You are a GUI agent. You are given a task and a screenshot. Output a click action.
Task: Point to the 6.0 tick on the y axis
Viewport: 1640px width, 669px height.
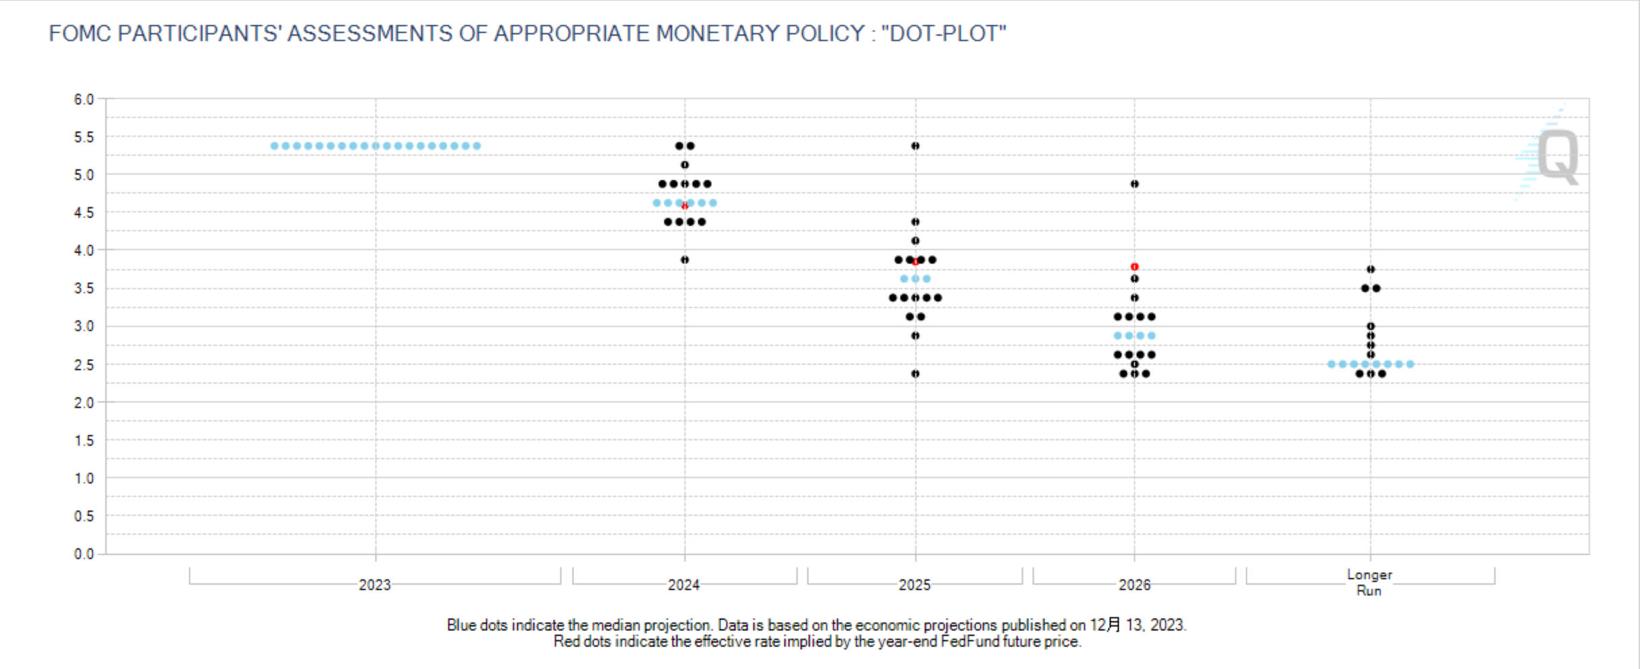click(x=84, y=99)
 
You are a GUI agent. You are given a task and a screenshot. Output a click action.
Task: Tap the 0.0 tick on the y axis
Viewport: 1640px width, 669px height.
click(x=84, y=554)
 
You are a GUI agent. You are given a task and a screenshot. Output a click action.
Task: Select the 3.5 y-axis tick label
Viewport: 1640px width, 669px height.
click(x=84, y=289)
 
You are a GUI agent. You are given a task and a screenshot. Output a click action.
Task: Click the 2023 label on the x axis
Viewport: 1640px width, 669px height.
click(x=375, y=585)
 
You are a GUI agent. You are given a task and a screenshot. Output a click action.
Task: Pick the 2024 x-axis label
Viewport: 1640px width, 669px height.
click(x=684, y=585)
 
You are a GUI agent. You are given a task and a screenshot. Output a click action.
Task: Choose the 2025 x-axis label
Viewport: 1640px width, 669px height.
click(x=914, y=585)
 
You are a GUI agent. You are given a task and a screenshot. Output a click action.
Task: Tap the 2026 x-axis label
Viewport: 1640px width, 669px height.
click(x=1135, y=585)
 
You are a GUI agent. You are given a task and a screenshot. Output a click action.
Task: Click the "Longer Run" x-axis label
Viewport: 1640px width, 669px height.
click(x=1369, y=583)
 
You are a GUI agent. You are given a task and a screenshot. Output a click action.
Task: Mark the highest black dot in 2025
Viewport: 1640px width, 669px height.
click(x=915, y=146)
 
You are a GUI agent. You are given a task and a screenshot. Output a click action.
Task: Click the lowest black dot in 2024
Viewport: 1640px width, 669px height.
click(x=684, y=260)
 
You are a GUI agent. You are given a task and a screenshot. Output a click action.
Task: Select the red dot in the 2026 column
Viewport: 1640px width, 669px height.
click(x=1135, y=267)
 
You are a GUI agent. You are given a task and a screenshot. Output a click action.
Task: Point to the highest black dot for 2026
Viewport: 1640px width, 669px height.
click(x=1135, y=184)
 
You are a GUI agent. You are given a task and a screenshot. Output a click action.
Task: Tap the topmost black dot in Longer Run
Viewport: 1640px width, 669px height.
click(x=1371, y=269)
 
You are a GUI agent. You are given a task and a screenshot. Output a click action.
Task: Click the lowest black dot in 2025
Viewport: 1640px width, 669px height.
click(x=915, y=374)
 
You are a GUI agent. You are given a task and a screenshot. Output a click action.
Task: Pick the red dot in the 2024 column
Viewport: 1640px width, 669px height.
click(x=684, y=206)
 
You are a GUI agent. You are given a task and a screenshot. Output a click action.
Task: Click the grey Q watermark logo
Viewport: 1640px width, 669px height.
click(x=1558, y=156)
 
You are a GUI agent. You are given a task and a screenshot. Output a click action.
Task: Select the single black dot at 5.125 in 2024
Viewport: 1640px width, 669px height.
click(x=684, y=165)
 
